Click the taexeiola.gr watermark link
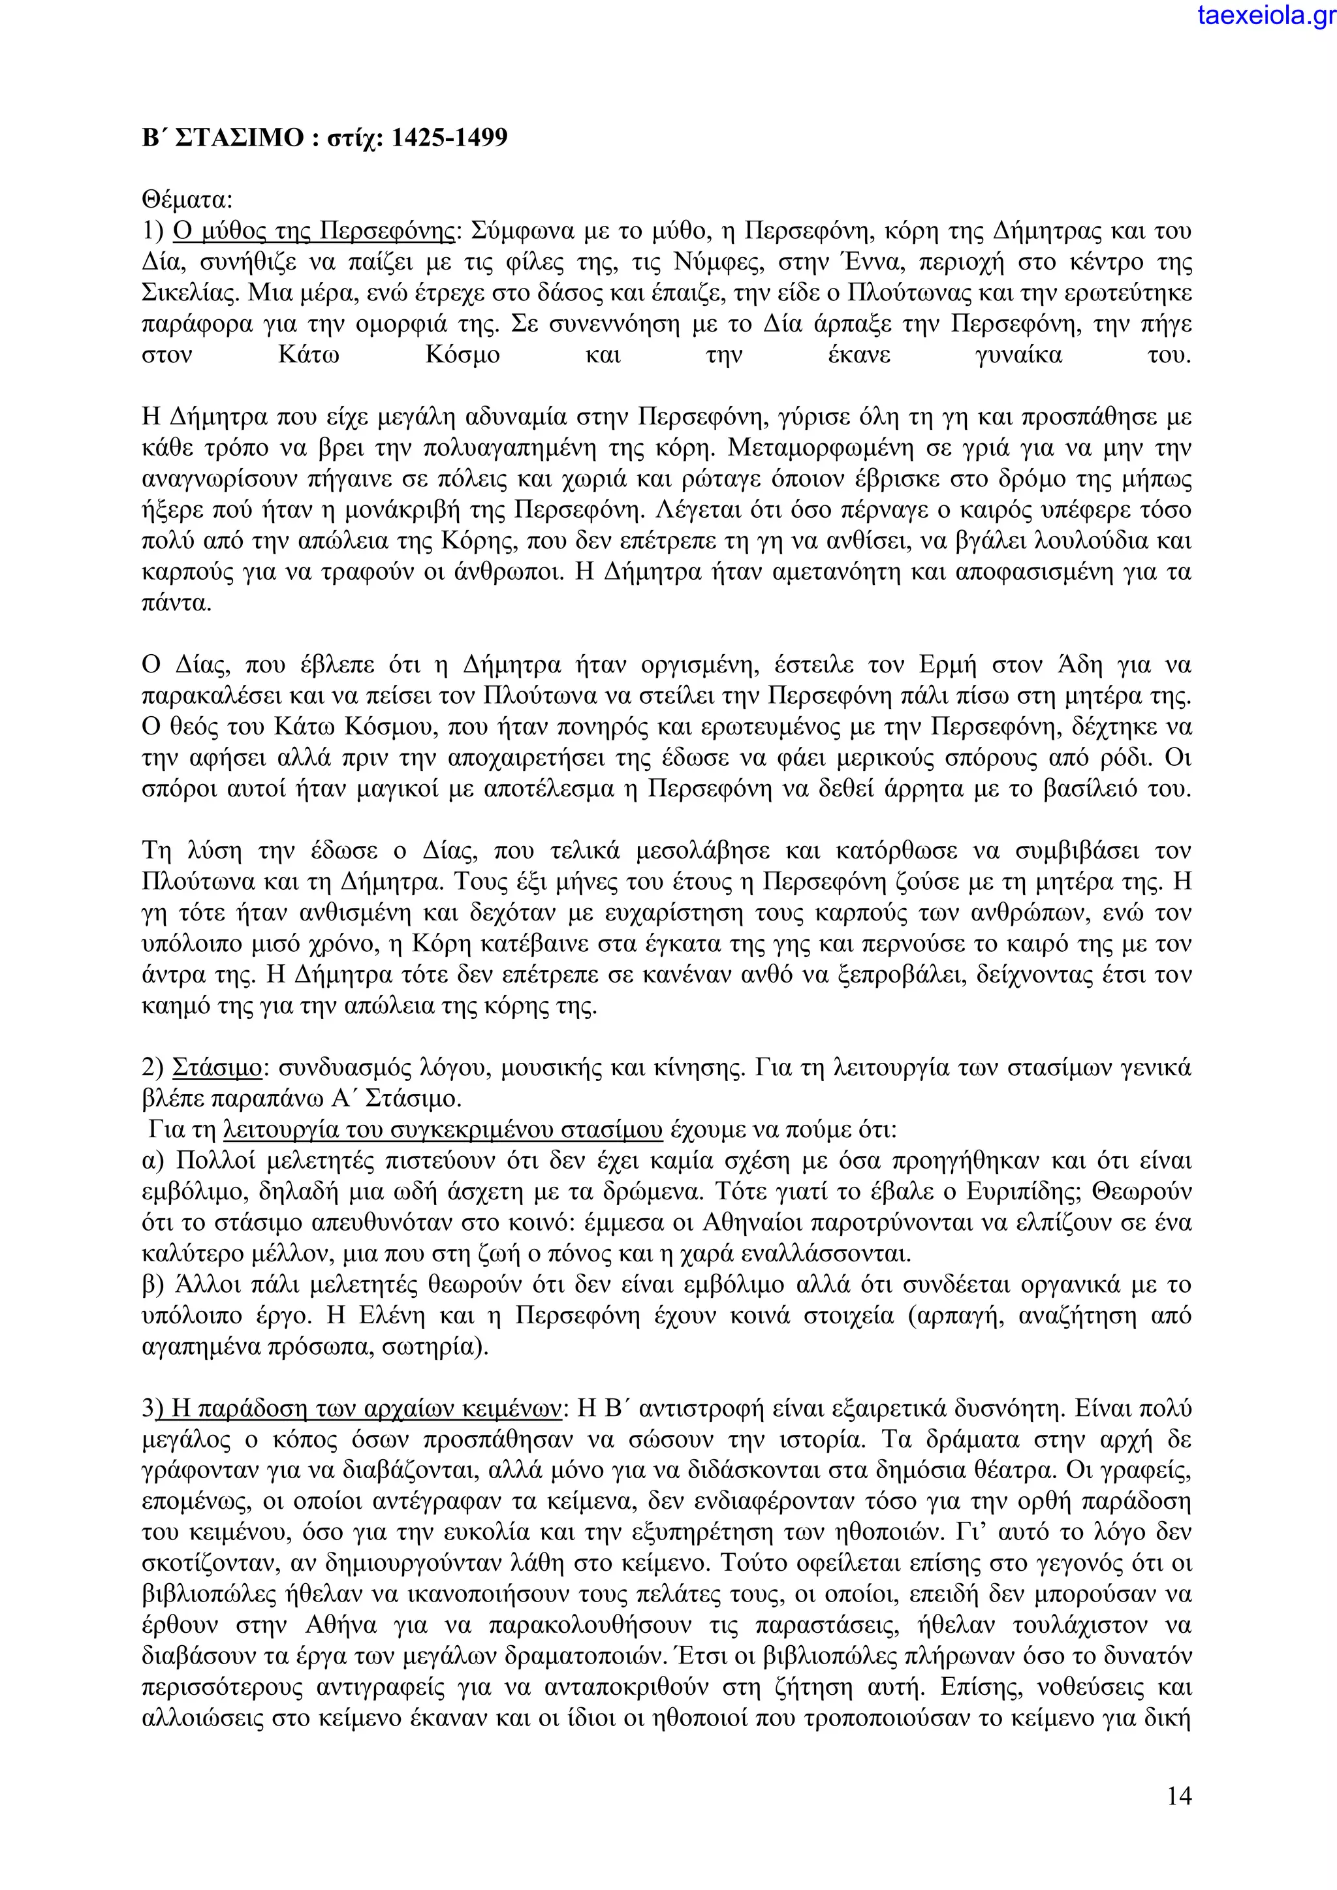click(x=1266, y=15)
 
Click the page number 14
click(x=1179, y=1796)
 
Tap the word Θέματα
click(x=187, y=200)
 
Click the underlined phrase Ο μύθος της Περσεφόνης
click(x=313, y=231)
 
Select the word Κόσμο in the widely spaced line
click(x=462, y=356)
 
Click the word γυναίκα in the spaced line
click(x=1018, y=356)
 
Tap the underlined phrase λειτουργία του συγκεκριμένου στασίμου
click(x=443, y=1130)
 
